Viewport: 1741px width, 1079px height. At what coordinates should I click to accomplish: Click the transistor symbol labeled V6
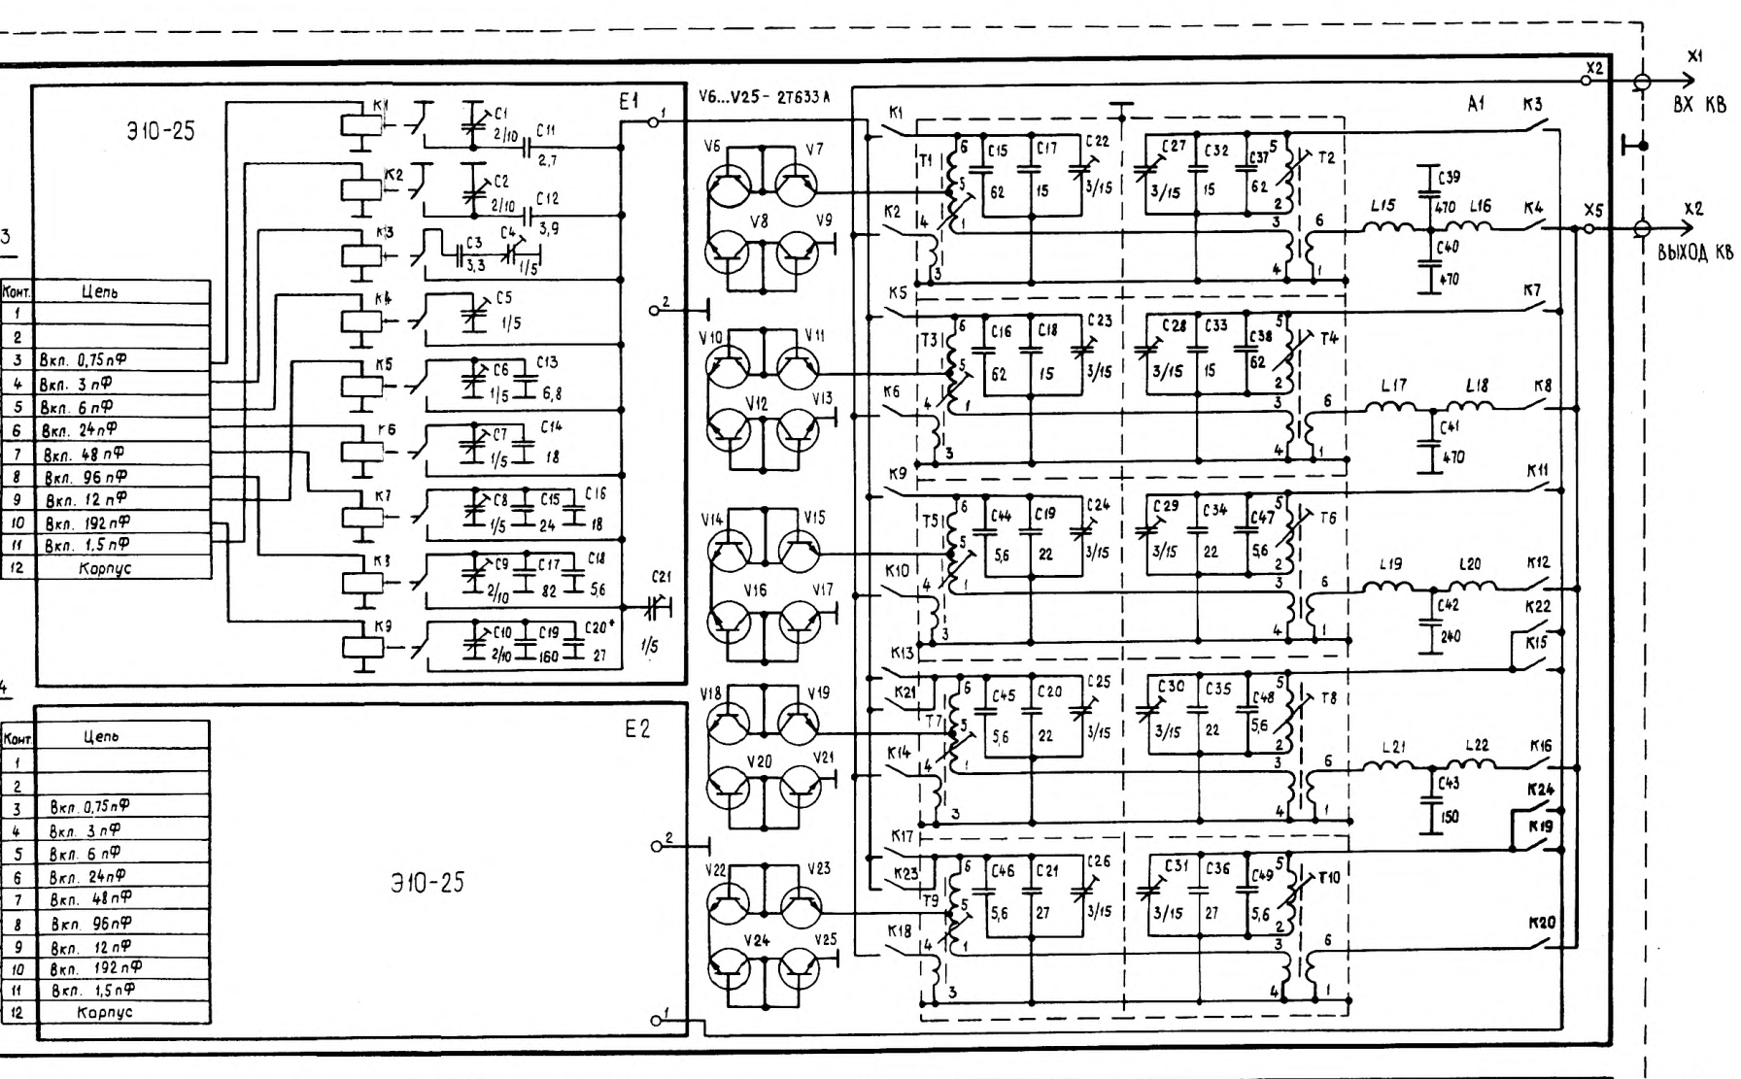coord(728,185)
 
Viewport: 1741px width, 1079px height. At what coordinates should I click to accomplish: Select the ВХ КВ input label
coord(1699,105)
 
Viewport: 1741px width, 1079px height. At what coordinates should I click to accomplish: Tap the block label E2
coord(637,729)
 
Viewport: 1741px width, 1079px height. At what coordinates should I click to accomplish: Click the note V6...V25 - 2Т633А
coord(764,97)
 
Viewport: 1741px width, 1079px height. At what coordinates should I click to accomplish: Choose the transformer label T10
coord(1328,877)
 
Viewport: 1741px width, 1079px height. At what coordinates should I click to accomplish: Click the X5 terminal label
coord(1593,210)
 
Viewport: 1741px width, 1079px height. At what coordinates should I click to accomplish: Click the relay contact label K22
coord(1538,607)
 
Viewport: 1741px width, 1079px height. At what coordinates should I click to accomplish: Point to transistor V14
coord(728,555)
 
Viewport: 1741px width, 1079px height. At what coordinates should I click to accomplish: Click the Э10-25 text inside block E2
coord(427,883)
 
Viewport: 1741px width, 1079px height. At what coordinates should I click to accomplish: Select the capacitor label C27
coord(1174,146)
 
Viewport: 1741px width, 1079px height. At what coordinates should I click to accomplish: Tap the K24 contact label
coord(1539,789)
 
